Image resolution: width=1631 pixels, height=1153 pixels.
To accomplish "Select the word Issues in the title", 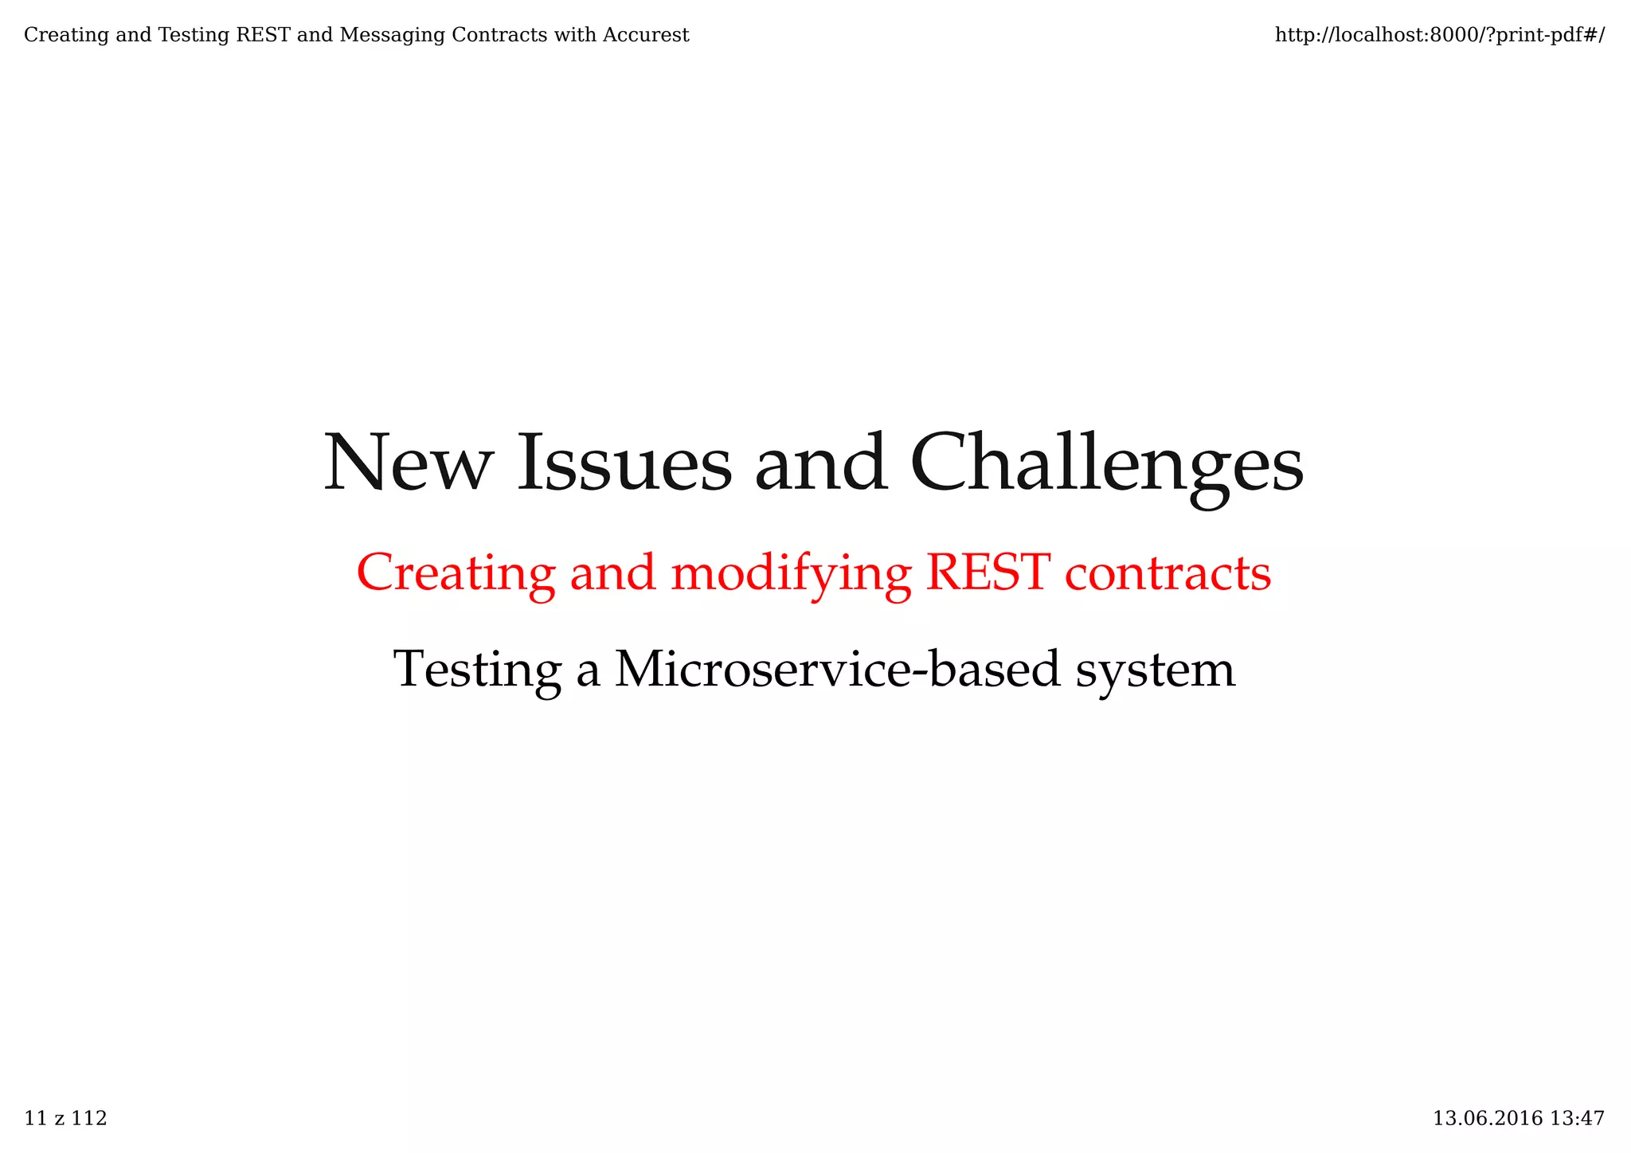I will tap(624, 463).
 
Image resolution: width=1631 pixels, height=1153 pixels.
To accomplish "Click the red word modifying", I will tap(791, 573).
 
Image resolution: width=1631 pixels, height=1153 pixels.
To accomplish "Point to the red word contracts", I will tap(1168, 573).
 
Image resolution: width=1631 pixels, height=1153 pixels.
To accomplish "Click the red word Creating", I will tap(456, 573).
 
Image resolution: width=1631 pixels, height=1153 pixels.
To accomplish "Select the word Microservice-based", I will tap(838, 669).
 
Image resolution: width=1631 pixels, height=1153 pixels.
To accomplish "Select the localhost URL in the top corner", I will tap(1439, 35).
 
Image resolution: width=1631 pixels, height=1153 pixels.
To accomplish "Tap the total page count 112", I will tap(89, 1119).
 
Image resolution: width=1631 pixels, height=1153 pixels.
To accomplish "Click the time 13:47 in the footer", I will tap(1577, 1119).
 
